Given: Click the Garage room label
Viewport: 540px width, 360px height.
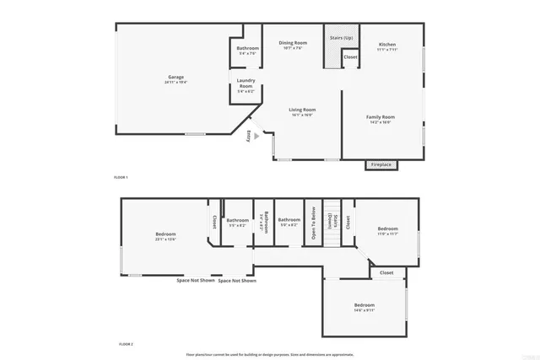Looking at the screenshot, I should click(175, 78).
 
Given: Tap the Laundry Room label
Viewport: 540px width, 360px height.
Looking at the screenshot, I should click(246, 84).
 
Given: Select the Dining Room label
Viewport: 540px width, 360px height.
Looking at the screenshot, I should click(294, 43).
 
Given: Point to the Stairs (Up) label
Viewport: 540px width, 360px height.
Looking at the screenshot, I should click(341, 38).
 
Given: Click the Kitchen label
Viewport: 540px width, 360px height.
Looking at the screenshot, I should click(387, 44).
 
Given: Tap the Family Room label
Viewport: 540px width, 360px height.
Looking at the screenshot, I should click(380, 117).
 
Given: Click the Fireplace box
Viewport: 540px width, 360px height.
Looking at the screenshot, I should click(381, 164).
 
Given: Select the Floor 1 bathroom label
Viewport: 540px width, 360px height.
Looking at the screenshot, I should click(247, 48).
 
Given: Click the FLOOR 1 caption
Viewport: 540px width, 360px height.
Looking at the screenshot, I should click(121, 177).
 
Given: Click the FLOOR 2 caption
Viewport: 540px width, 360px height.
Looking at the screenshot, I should click(126, 344).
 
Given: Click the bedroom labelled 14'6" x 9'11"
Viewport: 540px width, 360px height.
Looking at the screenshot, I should click(364, 304).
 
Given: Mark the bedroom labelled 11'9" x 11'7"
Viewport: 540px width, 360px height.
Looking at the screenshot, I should click(387, 229).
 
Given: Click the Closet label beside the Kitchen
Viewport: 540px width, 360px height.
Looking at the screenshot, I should click(350, 57).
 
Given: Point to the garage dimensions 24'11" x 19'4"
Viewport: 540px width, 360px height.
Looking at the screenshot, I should click(175, 83).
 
